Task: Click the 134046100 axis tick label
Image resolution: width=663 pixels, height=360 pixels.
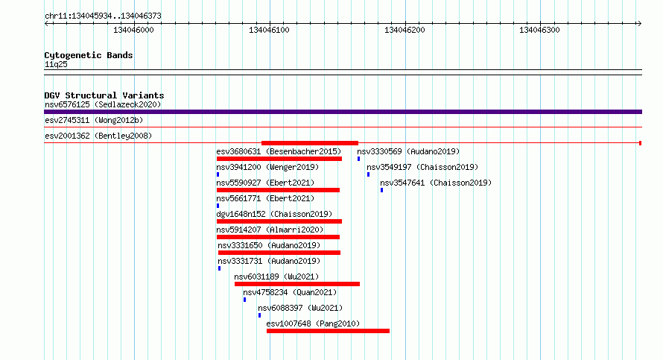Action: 269,30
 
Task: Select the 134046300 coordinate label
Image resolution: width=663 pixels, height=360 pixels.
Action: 539,30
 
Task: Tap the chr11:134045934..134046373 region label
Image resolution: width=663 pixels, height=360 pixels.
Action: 103,16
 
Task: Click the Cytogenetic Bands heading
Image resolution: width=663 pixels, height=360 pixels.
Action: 89,55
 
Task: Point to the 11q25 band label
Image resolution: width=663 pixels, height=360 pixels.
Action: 56,64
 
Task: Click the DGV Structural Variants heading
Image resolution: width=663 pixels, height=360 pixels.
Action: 104,95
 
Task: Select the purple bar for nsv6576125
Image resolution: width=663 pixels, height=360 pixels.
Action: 343,112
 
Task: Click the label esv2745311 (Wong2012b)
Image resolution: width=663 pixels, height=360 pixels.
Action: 94,120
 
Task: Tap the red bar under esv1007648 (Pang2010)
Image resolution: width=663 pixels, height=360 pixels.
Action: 328,331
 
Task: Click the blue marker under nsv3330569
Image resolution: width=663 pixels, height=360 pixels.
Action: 358,159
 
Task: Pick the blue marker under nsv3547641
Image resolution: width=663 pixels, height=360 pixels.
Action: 382,190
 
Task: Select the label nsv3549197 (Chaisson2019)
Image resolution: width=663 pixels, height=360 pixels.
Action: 422,167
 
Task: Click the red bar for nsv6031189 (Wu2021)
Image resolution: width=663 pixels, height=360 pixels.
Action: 297,284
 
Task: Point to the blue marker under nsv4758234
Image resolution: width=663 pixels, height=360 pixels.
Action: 244,300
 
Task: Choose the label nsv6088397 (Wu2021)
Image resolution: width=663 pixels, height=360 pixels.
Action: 300,308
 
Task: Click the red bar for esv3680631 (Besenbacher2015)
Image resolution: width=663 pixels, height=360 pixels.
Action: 279,159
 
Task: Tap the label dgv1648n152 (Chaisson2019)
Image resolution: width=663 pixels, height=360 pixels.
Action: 274,214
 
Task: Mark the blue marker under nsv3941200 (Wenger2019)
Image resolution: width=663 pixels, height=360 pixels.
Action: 218,174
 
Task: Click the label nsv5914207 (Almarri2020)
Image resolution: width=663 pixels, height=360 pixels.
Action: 270,230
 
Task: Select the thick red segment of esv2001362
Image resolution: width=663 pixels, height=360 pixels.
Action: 310,143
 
